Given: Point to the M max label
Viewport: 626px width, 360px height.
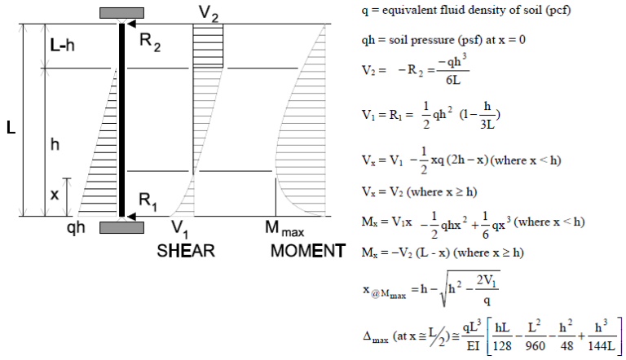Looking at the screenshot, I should click(284, 230).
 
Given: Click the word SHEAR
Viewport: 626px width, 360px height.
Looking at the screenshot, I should click(186, 251).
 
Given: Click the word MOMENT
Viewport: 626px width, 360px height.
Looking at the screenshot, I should click(308, 251).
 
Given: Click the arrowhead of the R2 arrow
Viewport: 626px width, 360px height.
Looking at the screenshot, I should click(129, 24).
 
